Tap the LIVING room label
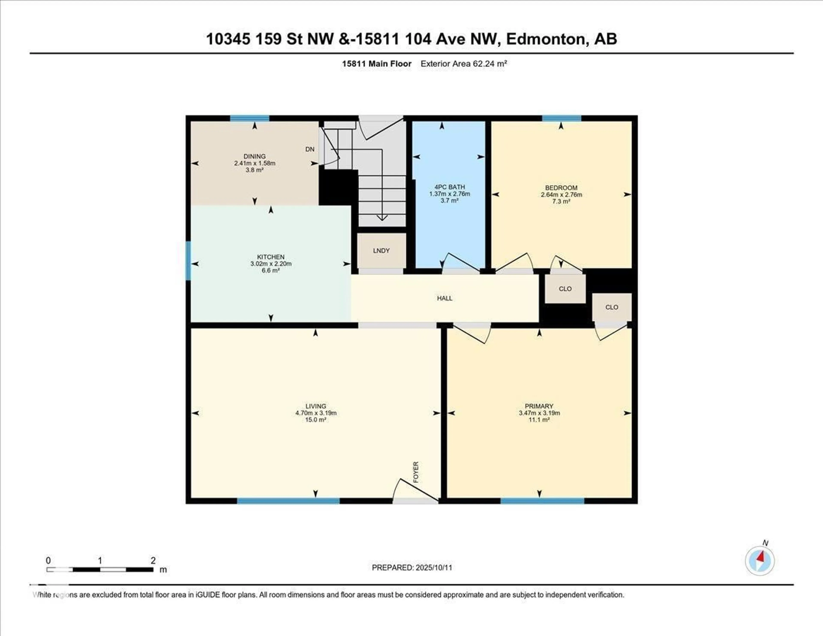[x=315, y=406]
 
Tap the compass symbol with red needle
[x=760, y=561]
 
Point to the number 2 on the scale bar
[x=153, y=560]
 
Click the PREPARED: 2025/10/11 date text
[x=412, y=567]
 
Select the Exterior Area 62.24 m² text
[x=464, y=64]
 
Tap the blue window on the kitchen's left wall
[x=188, y=261]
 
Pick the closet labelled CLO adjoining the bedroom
[x=565, y=289]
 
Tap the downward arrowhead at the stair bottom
[x=382, y=218]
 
